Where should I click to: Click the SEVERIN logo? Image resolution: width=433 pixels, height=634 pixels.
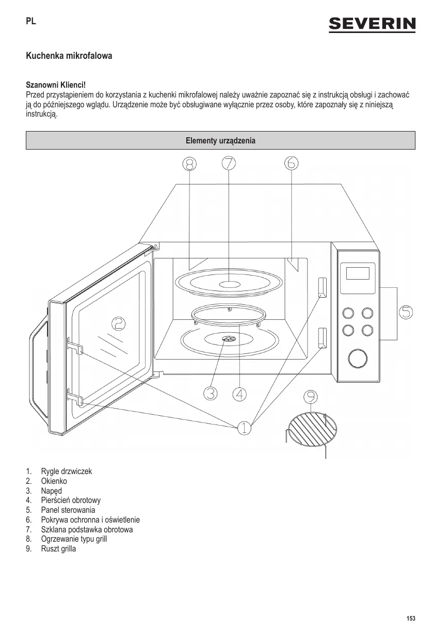tap(372, 24)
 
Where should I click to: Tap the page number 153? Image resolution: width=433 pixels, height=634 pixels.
tap(411, 619)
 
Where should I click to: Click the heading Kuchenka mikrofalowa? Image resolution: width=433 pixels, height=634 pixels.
tap(69, 55)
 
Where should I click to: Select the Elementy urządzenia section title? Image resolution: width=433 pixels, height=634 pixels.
tap(220, 140)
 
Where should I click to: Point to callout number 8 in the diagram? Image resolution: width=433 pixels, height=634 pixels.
tap(189, 164)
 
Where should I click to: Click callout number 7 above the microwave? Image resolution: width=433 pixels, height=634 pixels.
tap(229, 163)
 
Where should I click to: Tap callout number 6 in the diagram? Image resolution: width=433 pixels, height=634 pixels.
tap(291, 163)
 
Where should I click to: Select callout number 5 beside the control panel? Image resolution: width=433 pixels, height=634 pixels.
tap(406, 312)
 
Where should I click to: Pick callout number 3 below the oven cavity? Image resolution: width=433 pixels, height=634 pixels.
tap(196, 393)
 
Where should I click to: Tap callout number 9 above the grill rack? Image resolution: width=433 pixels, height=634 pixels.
tap(310, 397)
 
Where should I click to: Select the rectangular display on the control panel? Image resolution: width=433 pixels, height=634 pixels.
tap(358, 273)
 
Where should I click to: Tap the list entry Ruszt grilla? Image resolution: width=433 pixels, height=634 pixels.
tap(58, 549)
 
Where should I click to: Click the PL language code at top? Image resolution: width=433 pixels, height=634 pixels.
tap(31, 22)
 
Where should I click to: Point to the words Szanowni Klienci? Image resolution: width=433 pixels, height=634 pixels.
tap(55, 84)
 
